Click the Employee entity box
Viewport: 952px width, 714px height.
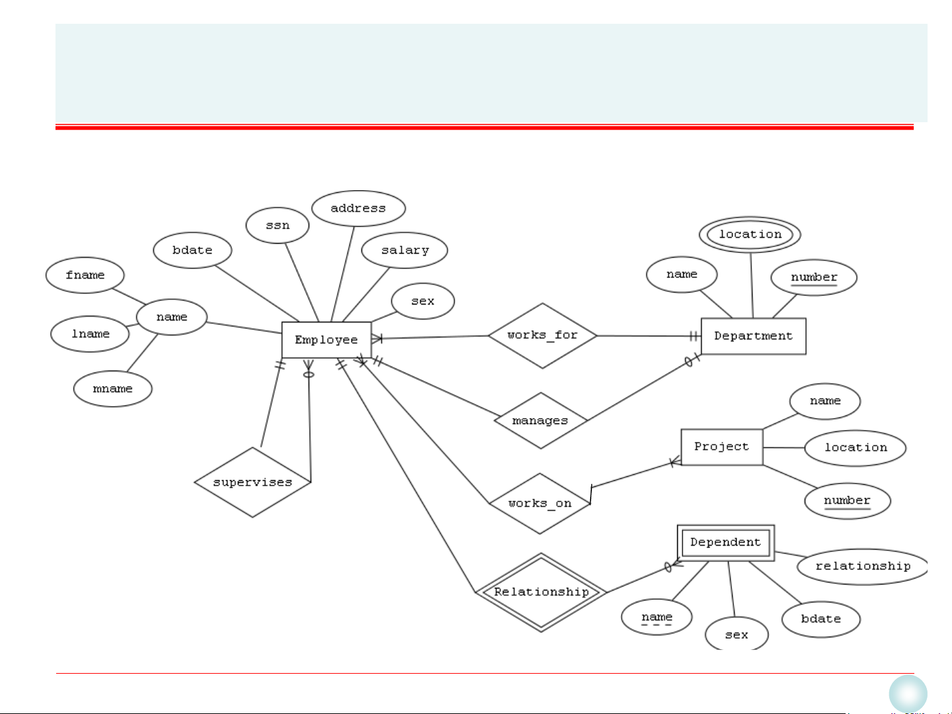click(x=326, y=340)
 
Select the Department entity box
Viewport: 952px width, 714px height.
click(x=753, y=336)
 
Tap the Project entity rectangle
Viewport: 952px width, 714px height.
click(x=721, y=447)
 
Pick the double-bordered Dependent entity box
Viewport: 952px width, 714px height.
click(x=725, y=543)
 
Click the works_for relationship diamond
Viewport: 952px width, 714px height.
click(x=542, y=336)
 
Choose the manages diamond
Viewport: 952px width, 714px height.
click(x=540, y=421)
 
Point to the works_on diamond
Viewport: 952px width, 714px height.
click(x=540, y=503)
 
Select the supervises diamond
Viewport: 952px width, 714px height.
click(x=252, y=482)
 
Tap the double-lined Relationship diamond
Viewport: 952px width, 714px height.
click(x=541, y=592)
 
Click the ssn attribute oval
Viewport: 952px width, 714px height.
click(x=277, y=225)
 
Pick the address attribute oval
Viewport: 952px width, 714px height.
click(x=358, y=209)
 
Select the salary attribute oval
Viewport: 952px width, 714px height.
click(x=404, y=250)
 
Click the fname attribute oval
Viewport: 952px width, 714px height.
click(x=85, y=275)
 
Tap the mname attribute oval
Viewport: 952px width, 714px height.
click(x=113, y=389)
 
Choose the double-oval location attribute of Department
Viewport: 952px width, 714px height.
click(x=750, y=234)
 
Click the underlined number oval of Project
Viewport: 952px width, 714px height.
click(x=847, y=501)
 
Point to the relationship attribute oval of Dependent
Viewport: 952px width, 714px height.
click(x=862, y=567)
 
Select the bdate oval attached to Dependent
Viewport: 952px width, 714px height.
click(x=821, y=619)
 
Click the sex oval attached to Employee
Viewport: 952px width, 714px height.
click(x=423, y=301)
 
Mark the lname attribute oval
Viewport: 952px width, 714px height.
click(x=91, y=334)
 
